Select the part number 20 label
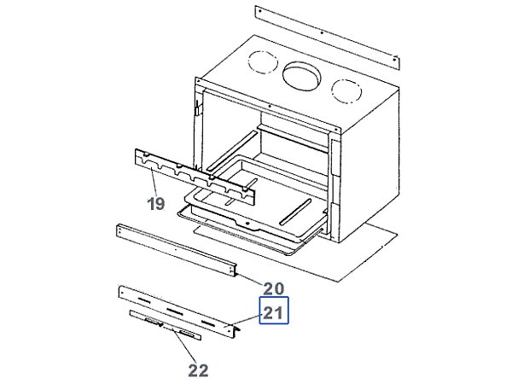coord(272,287)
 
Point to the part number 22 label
coord(198,369)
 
